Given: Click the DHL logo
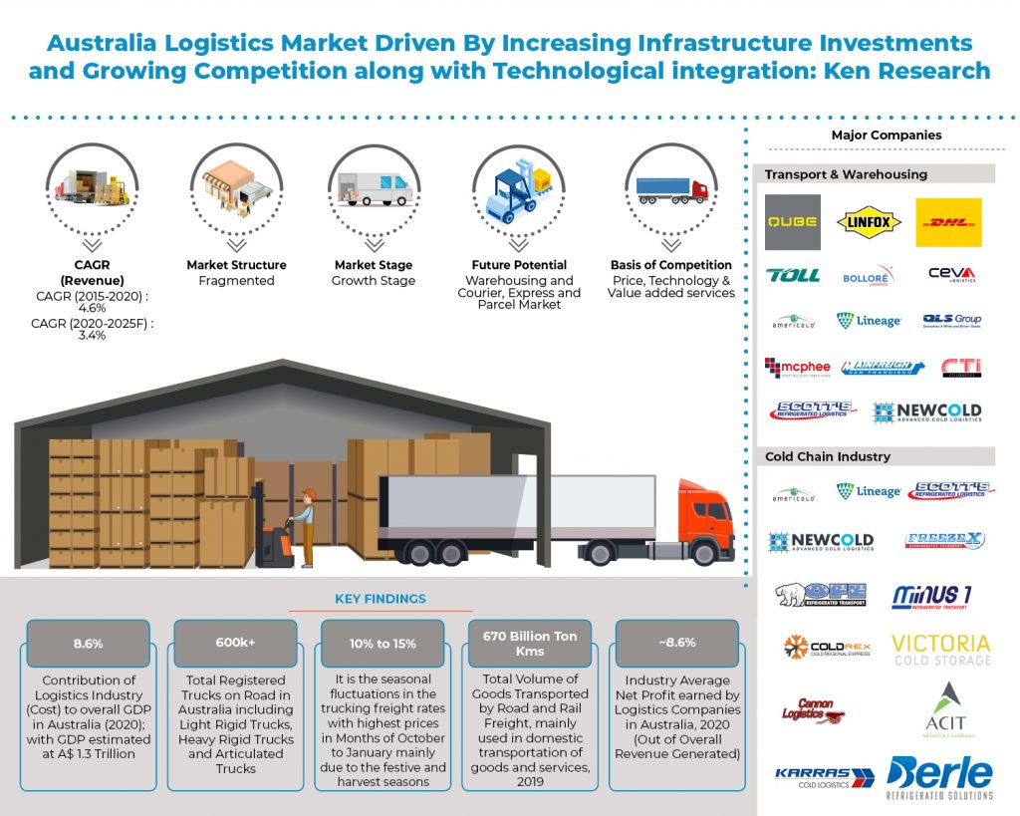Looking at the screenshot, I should (947, 222).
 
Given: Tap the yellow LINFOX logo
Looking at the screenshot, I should (870, 222).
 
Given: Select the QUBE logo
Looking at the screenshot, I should (793, 222).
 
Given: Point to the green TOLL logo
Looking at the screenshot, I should (793, 275).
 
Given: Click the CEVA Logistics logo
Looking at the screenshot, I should (951, 275).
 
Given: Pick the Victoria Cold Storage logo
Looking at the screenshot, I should (940, 649).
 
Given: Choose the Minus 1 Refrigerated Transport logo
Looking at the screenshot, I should (932, 596).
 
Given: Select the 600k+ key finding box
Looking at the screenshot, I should (235, 643).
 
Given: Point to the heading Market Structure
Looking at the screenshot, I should (236, 265).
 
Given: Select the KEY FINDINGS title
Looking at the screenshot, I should (382, 599).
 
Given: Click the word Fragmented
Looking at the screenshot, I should (236, 281).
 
